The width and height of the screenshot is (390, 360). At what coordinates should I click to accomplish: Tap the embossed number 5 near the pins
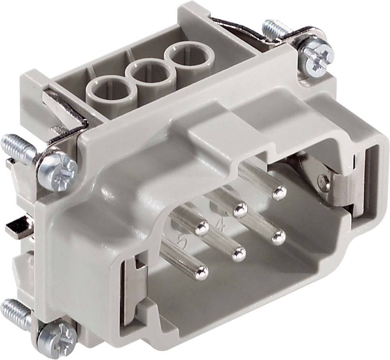[x=181, y=244]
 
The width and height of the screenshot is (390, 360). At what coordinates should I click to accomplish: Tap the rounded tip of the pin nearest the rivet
[x=279, y=192]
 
